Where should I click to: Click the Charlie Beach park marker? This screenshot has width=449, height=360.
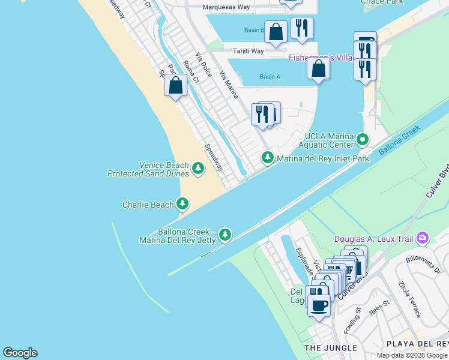[182, 205]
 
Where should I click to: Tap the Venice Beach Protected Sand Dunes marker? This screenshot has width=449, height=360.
[199, 169]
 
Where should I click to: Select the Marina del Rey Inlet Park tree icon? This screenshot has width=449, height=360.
[267, 158]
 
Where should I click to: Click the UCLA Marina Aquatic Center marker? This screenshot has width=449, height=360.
[362, 140]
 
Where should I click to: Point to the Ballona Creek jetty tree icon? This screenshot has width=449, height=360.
[224, 234]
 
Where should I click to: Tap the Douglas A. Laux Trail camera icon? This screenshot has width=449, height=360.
[423, 239]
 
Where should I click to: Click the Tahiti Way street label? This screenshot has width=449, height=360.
[249, 51]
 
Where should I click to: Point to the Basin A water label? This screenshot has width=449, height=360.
[270, 77]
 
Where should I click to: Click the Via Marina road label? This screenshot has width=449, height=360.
[229, 85]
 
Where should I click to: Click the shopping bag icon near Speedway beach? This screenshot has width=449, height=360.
[176, 85]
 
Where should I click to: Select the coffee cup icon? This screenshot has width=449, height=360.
[319, 305]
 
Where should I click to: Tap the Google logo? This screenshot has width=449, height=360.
[20, 353]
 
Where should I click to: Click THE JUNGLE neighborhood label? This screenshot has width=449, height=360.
[330, 348]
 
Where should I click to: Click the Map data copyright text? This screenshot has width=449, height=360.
[412, 355]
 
